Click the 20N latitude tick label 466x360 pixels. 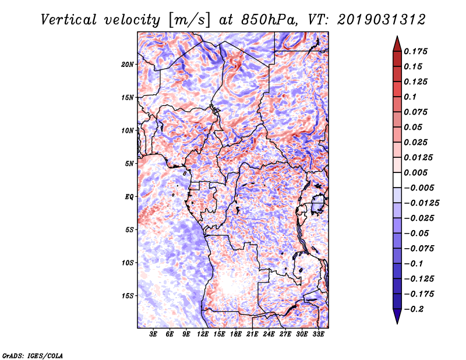click(128, 64)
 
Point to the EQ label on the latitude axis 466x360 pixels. click(129, 197)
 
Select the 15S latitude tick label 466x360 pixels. click(128, 296)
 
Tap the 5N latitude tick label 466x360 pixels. click(129, 164)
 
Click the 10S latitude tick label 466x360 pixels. click(128, 263)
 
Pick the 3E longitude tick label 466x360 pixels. click(154, 334)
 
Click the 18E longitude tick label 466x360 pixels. click(220, 334)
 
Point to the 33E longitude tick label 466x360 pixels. click(319, 334)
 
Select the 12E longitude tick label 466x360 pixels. click(203, 334)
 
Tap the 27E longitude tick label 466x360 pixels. click(285, 334)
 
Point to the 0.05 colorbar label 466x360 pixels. click(414, 127)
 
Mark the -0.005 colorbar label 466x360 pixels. click(419, 188)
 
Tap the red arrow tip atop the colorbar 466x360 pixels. click(397, 40)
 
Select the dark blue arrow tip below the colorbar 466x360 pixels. click(397, 319)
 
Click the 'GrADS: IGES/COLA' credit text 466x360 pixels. click(33, 355)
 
